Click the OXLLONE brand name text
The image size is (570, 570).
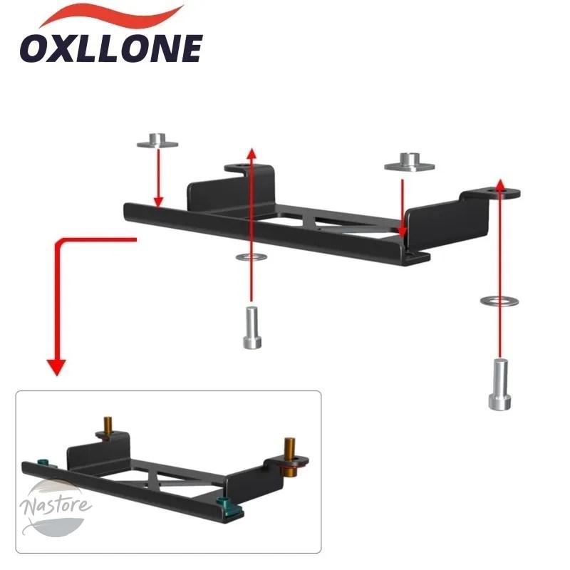click(111, 48)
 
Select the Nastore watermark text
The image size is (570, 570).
click(56, 504)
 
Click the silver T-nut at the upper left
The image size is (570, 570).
click(157, 140)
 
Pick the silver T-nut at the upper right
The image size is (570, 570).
click(409, 162)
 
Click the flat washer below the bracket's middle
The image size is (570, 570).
click(252, 257)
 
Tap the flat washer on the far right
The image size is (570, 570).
click(499, 301)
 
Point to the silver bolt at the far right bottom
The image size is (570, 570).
click(500, 385)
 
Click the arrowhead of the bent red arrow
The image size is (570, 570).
click(57, 367)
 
